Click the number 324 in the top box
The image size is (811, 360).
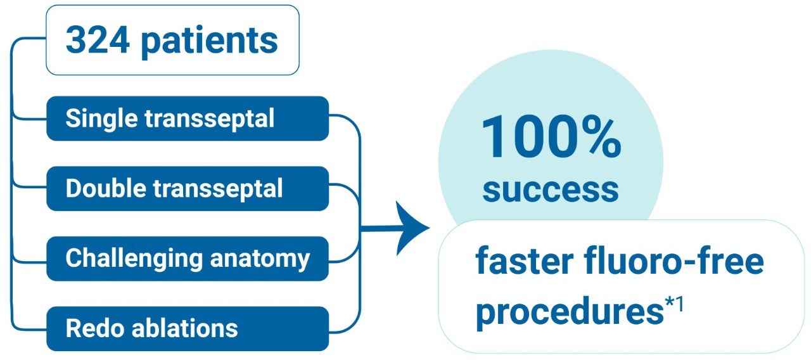click(98, 41)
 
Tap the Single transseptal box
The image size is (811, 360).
click(188, 119)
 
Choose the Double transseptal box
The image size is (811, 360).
click(188, 188)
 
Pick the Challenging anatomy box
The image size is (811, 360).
click(188, 259)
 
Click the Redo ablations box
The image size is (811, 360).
click(188, 328)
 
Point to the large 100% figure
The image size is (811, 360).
click(551, 136)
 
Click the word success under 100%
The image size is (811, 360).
click(551, 188)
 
